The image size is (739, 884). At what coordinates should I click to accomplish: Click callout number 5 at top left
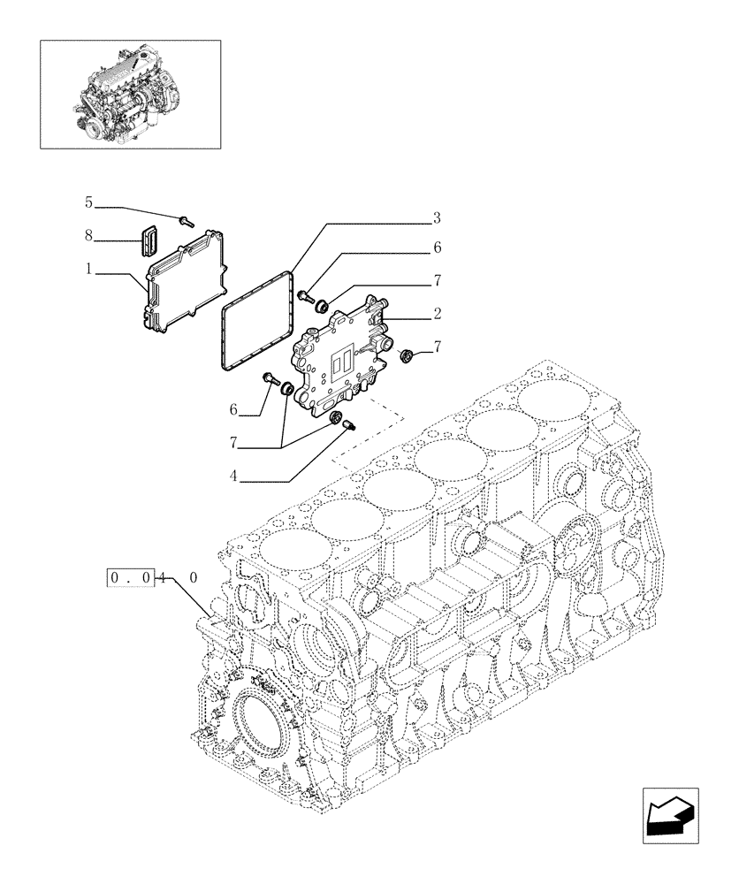[x=88, y=202]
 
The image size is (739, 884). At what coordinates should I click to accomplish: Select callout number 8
[x=88, y=235]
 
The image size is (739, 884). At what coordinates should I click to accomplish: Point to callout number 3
[x=437, y=217]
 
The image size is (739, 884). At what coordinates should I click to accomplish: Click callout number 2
[x=437, y=313]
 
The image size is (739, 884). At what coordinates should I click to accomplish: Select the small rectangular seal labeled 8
[x=148, y=241]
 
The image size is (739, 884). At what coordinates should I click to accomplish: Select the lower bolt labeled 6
[x=268, y=378]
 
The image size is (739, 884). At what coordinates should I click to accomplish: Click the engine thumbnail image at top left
[x=130, y=93]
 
